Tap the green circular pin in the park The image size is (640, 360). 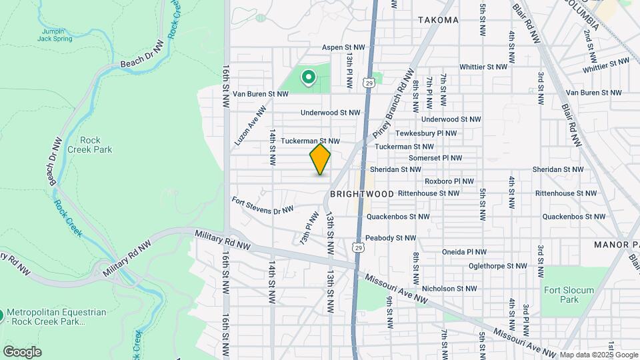click(x=308, y=78)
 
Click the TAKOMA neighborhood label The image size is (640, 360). click(x=438, y=20)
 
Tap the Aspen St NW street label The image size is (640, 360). click(x=343, y=47)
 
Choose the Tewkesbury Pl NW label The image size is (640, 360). click(x=425, y=133)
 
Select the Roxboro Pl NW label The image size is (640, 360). click(x=449, y=181)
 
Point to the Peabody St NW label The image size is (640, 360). click(x=390, y=238)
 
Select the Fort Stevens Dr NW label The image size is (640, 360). click(x=263, y=205)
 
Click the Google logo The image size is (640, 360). click(x=22, y=351)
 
